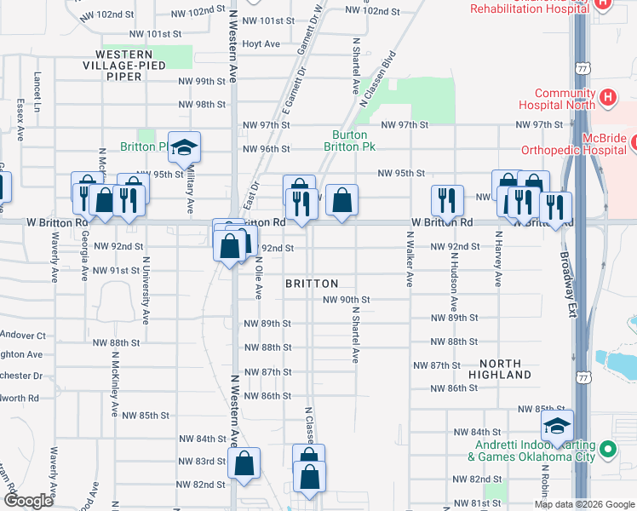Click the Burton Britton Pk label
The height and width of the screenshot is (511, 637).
point(349,141)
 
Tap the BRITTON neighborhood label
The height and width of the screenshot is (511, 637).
point(312,284)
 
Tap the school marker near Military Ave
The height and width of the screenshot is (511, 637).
point(183,149)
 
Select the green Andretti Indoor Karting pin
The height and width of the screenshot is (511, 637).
point(607,449)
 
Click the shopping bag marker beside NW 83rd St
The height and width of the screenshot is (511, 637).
point(244,464)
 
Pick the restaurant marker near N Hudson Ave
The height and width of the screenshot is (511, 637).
point(447,201)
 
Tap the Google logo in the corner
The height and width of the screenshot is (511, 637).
point(28,501)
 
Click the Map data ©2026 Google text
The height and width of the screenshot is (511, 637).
point(584,504)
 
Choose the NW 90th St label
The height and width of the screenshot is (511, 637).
point(346,300)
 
